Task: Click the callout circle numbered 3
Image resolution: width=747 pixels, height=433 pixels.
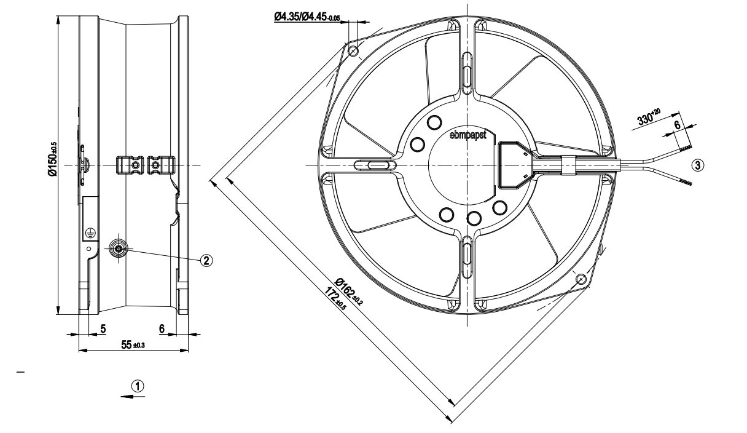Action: coord(696,165)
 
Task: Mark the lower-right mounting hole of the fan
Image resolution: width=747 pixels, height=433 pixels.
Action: coord(582,279)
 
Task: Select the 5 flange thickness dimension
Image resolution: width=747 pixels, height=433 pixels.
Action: coord(103,329)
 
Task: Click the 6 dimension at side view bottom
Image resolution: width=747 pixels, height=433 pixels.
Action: coord(162,329)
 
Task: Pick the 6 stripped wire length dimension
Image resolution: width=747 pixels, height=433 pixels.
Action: coord(677,124)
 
